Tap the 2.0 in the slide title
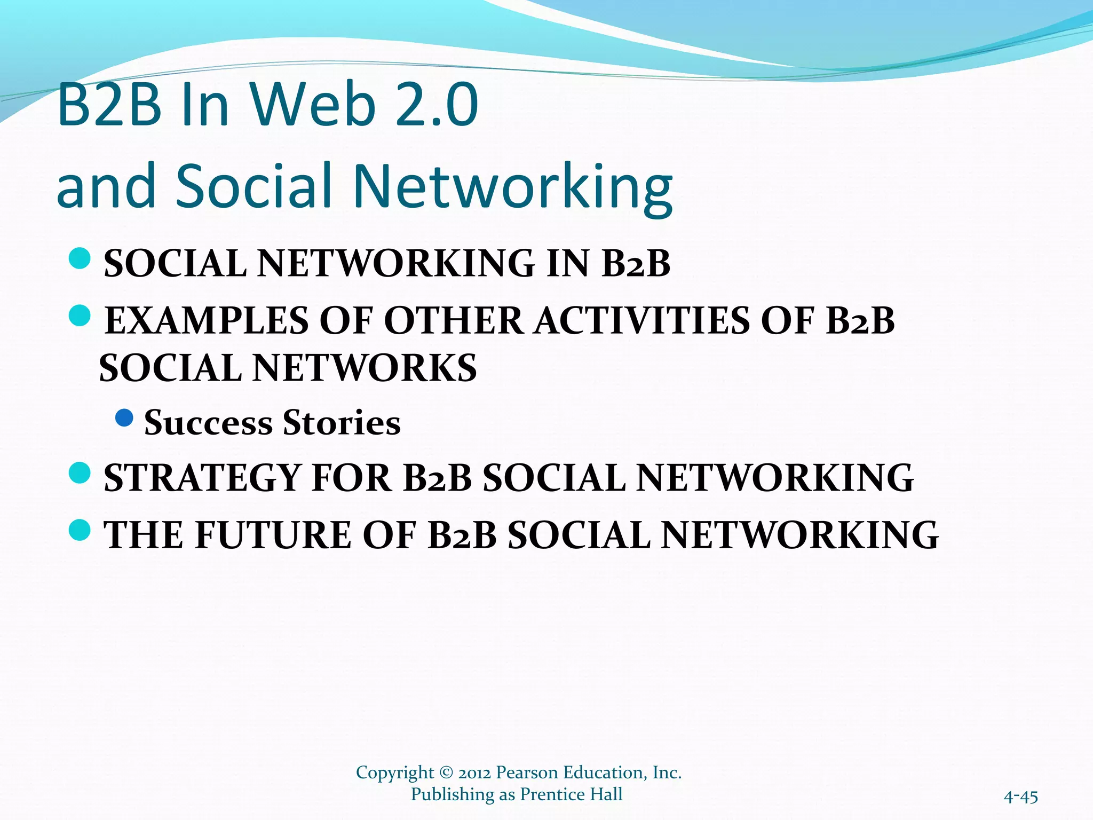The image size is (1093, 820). (438, 105)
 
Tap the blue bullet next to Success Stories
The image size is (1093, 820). (124, 417)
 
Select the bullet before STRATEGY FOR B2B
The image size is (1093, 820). (80, 473)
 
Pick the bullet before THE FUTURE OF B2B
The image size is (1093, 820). (80, 530)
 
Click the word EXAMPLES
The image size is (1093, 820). (207, 321)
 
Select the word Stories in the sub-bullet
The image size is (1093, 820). (342, 423)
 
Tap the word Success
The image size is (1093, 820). (208, 423)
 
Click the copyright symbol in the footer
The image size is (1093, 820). (446, 773)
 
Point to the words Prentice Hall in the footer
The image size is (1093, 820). (571, 794)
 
